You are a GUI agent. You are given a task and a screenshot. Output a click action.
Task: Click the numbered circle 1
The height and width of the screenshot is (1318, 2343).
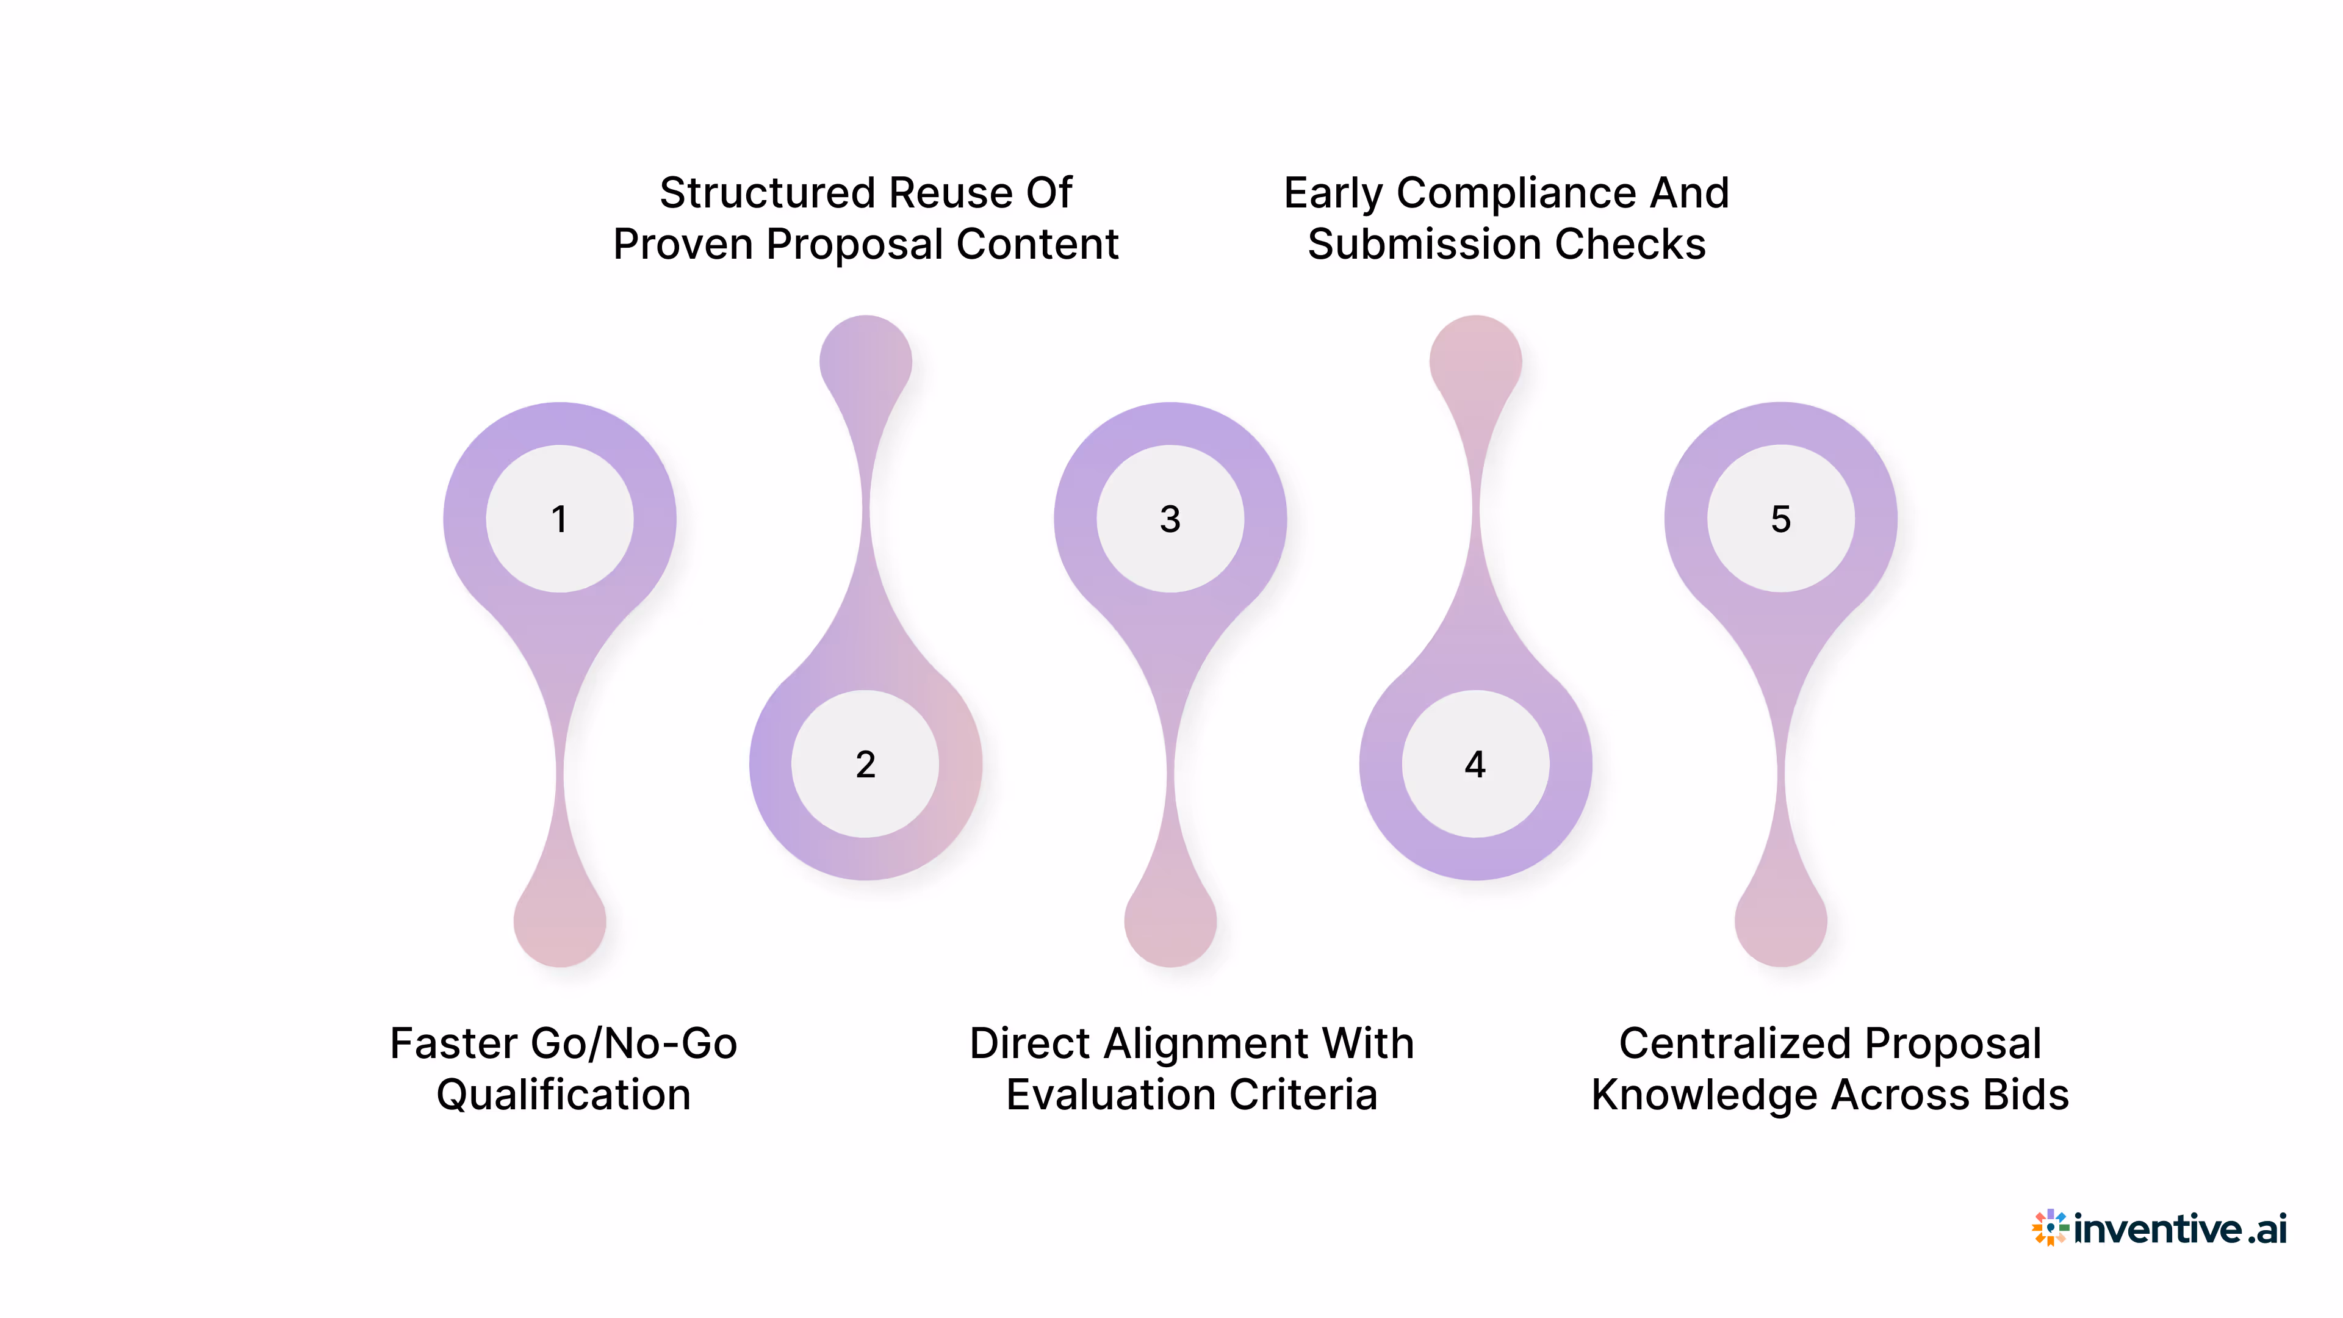[x=560, y=519]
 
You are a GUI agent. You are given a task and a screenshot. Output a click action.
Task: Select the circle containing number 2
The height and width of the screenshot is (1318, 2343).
[x=865, y=764]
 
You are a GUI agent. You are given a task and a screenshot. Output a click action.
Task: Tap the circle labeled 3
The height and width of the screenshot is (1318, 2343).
[x=1170, y=519]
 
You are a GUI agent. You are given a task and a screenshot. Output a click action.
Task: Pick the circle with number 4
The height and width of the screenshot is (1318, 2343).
[x=1475, y=764]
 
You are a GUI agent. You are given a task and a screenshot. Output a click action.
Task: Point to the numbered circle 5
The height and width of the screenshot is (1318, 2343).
[x=1780, y=519]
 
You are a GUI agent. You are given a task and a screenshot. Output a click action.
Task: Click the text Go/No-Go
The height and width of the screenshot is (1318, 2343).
[x=634, y=1043]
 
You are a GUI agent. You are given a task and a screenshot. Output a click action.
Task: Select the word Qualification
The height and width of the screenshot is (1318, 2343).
[x=564, y=1094]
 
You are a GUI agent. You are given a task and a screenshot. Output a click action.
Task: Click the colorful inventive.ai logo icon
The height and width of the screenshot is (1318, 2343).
[x=2050, y=1228]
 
